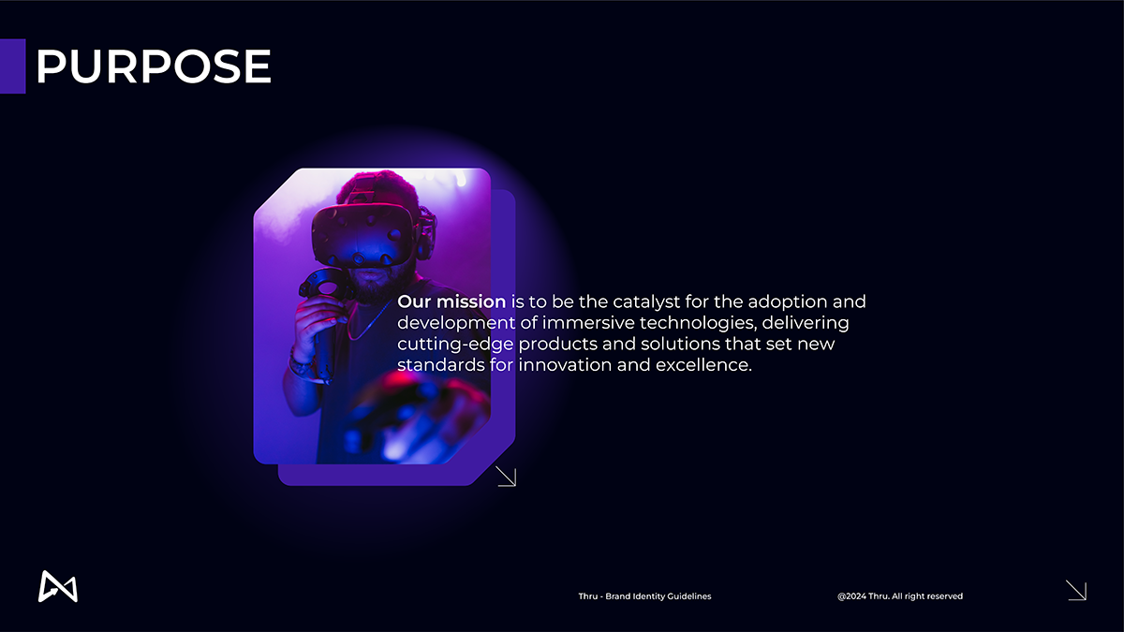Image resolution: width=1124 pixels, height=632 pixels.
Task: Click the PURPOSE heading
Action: [x=154, y=66]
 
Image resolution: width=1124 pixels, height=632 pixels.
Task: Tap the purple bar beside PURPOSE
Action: [x=12, y=66]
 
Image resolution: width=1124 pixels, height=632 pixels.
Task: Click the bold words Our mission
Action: [x=451, y=301]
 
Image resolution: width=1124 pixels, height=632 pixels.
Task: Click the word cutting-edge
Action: [x=455, y=345]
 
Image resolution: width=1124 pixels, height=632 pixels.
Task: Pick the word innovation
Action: [x=565, y=364]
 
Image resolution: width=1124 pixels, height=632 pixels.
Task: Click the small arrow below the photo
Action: [x=506, y=477]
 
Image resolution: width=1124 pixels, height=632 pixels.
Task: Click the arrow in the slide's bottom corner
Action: [x=1076, y=591]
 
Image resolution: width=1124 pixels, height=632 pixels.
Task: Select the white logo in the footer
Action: [x=58, y=586]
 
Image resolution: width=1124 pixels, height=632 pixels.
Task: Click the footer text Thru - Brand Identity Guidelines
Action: [x=644, y=596]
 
